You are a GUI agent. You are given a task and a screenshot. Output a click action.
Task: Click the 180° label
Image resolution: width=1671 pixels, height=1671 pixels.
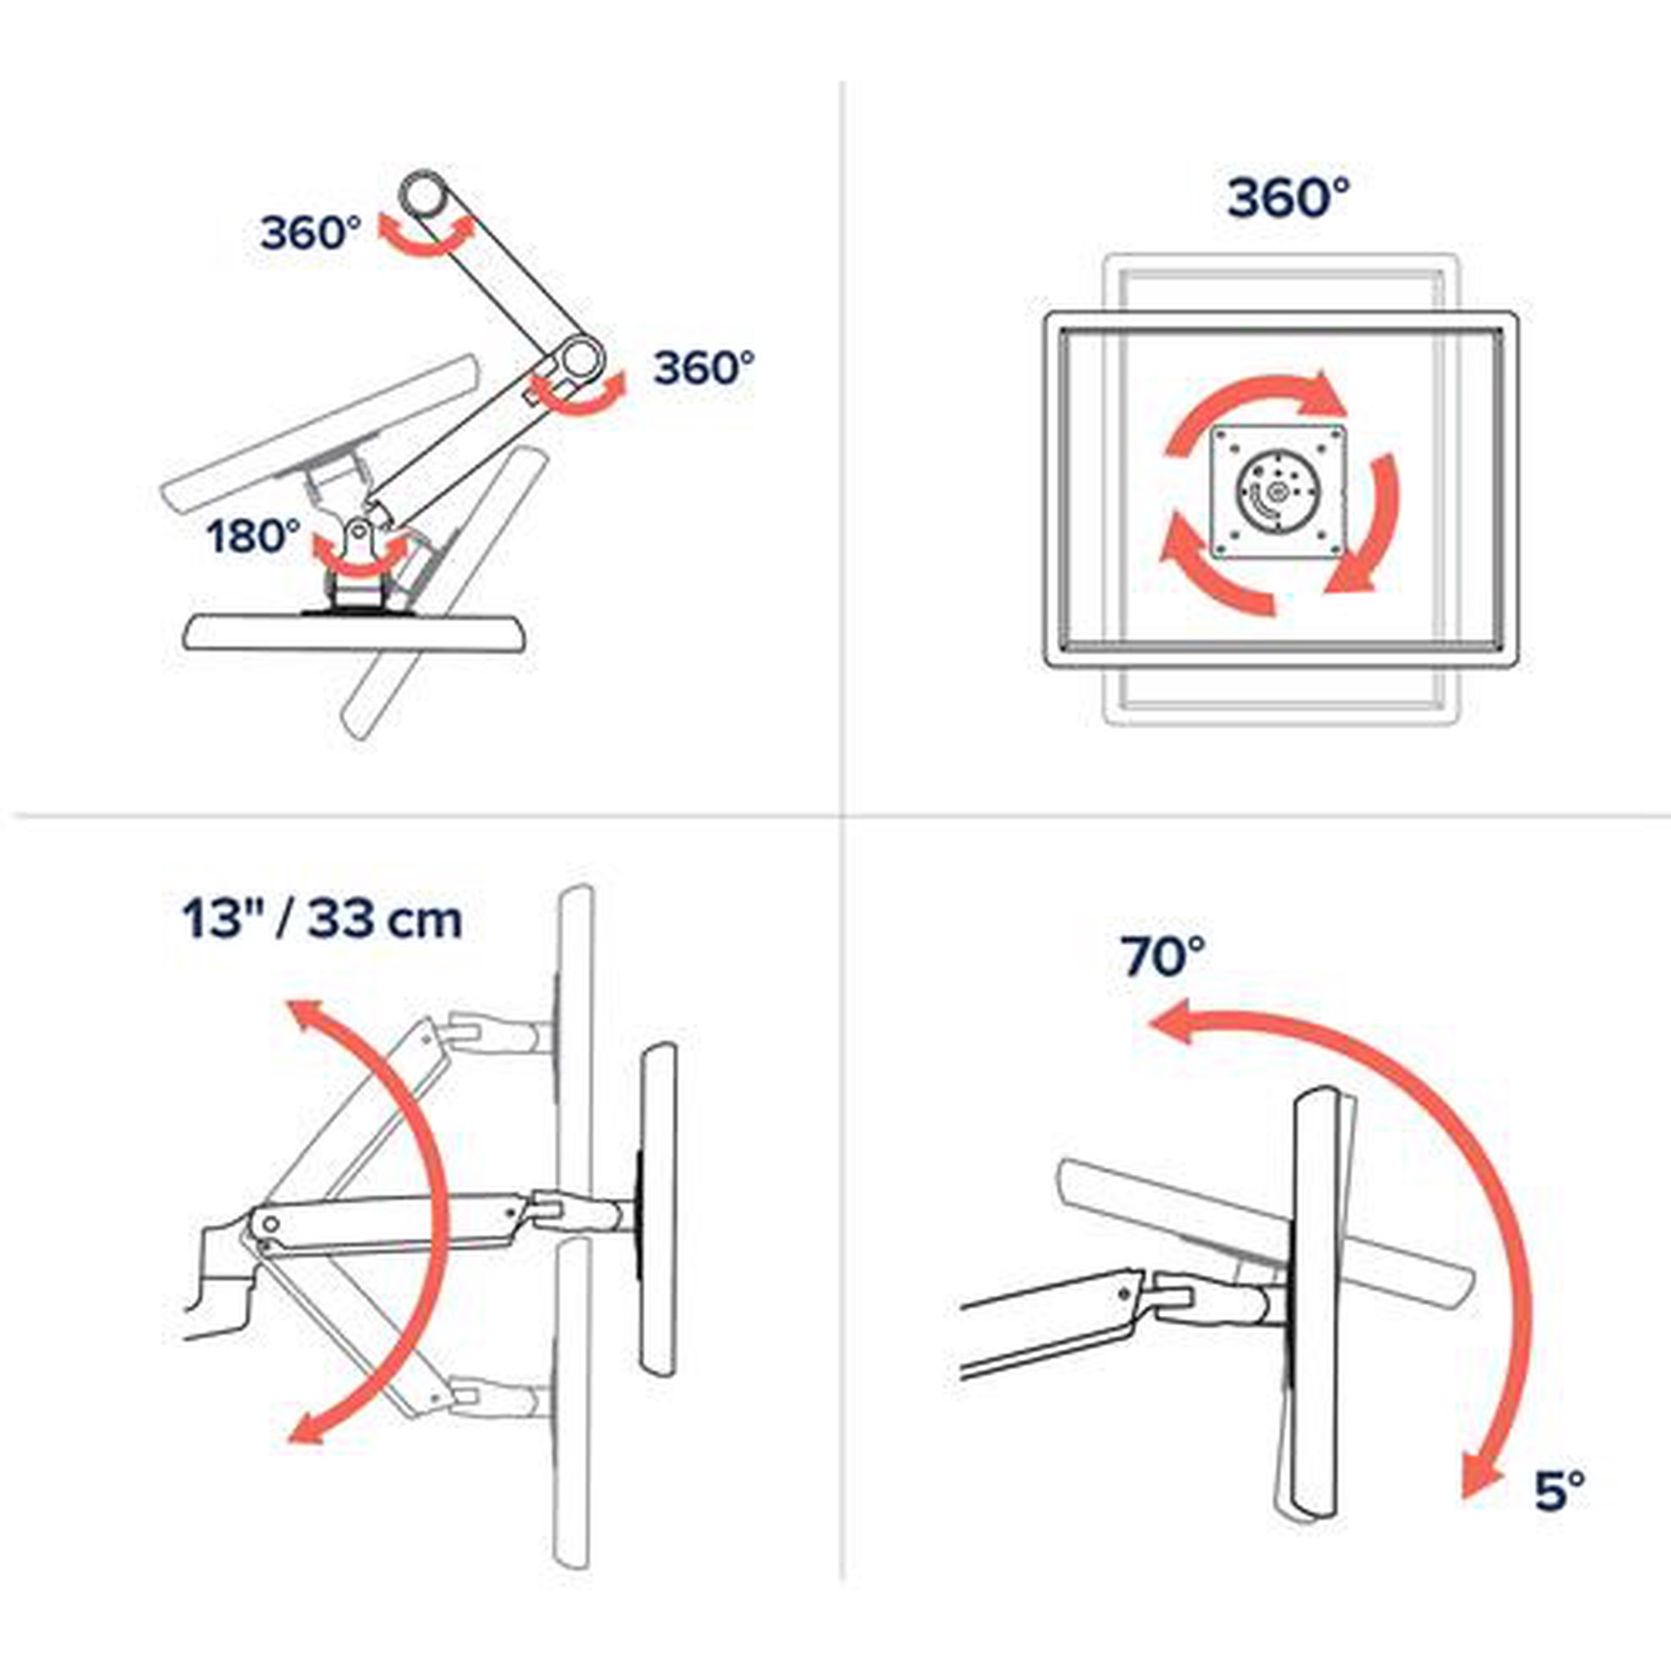pos(253,536)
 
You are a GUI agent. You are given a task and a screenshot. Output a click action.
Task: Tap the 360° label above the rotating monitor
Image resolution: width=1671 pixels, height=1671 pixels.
pos(1288,197)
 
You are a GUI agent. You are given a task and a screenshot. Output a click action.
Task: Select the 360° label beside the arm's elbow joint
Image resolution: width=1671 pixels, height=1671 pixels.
pos(703,368)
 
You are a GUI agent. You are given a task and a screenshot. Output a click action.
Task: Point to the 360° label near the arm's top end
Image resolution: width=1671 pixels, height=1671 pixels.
pos(311,232)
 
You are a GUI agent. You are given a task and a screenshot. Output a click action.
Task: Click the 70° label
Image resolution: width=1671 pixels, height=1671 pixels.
pos(1163,956)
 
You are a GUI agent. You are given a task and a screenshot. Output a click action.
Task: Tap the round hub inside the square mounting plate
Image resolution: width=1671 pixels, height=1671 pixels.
pos(1276,494)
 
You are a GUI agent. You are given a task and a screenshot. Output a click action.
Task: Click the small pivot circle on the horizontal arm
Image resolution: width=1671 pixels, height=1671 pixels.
pos(271,1224)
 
